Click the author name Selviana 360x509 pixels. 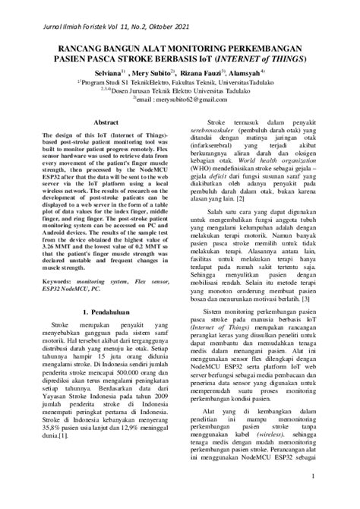click(99, 75)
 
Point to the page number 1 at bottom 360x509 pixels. click(313, 477)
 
